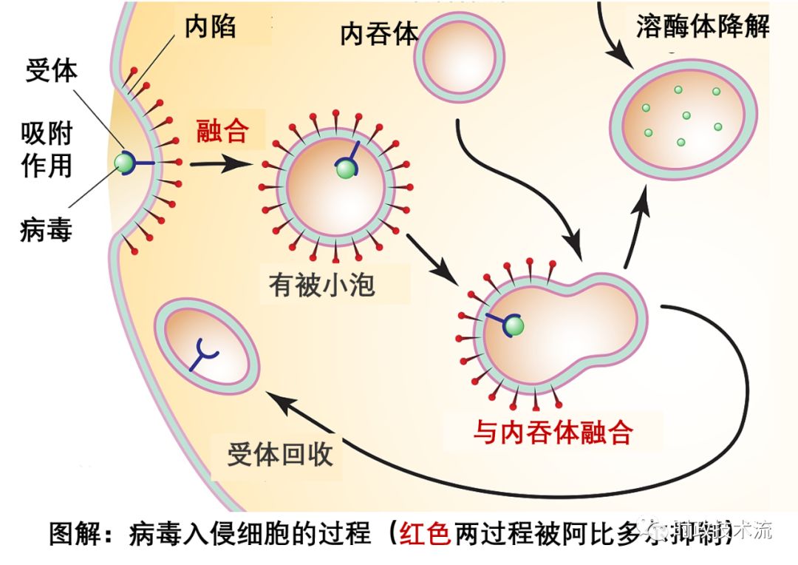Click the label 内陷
click(211, 28)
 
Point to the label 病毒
click(46, 231)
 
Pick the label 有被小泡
click(322, 285)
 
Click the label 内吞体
click(379, 34)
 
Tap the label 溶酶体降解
click(703, 27)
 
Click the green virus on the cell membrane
click(124, 162)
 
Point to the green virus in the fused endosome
click(514, 325)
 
